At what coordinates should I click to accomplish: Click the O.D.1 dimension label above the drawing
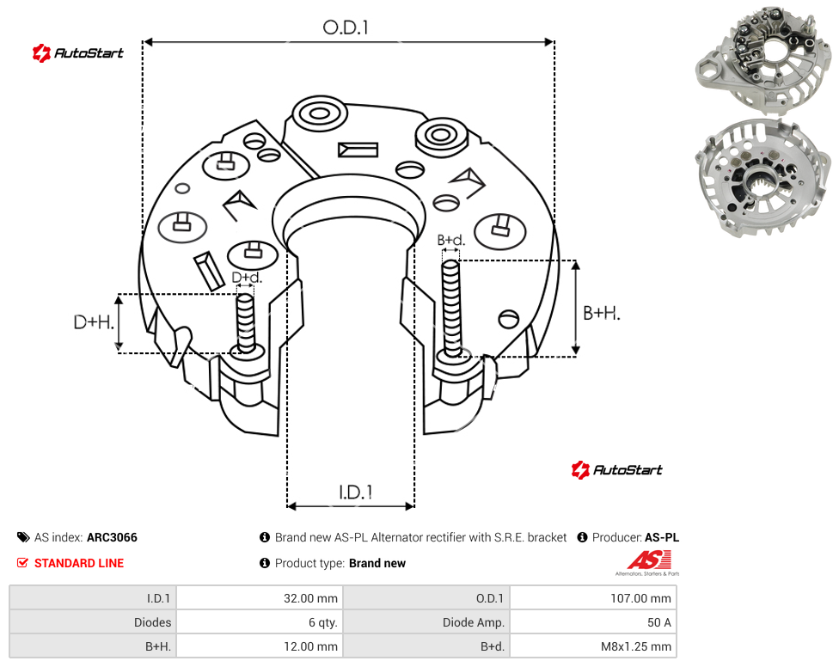pyautogui.click(x=346, y=28)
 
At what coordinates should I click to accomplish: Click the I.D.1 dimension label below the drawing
pyautogui.click(x=356, y=493)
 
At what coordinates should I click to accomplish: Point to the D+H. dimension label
pyautogui.click(x=94, y=322)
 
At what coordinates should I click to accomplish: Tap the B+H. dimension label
pyautogui.click(x=602, y=313)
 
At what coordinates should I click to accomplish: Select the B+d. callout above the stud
pyautogui.click(x=451, y=240)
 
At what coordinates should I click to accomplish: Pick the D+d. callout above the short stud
pyautogui.click(x=247, y=278)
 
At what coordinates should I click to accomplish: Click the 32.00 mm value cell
pyautogui.click(x=310, y=598)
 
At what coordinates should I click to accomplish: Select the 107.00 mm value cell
pyautogui.click(x=640, y=598)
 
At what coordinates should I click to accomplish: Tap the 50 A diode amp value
pyautogui.click(x=658, y=622)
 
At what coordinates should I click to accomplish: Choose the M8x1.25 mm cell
pyautogui.click(x=635, y=646)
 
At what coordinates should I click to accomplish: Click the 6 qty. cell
pyautogui.click(x=322, y=622)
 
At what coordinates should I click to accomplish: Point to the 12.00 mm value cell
pyautogui.click(x=310, y=646)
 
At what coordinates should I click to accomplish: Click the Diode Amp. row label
pyautogui.click(x=473, y=622)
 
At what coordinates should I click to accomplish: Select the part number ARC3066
pyautogui.click(x=112, y=537)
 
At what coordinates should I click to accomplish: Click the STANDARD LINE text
pyautogui.click(x=79, y=563)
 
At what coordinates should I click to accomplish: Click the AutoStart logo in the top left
pyautogui.click(x=77, y=53)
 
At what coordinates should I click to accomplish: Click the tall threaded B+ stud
pyautogui.click(x=451, y=309)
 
